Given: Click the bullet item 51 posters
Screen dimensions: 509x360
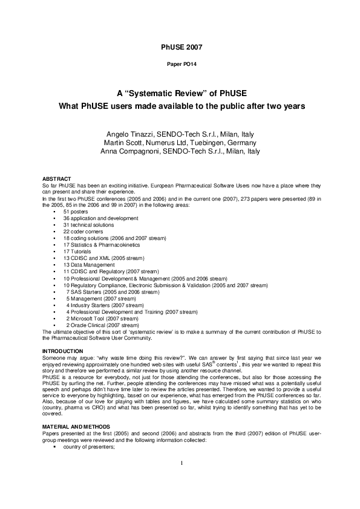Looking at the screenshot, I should (76, 212).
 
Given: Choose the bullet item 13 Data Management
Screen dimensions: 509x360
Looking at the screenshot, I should (88, 265).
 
